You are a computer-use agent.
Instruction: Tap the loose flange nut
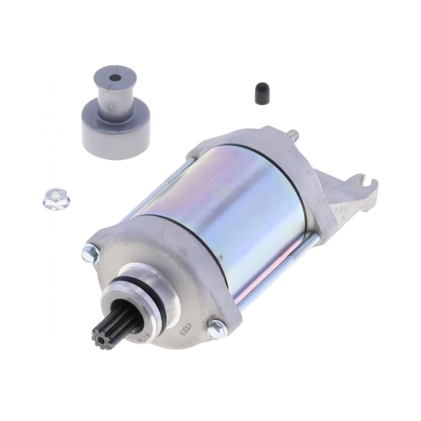click(55, 201)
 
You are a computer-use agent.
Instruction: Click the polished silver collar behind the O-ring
click(147, 295)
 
